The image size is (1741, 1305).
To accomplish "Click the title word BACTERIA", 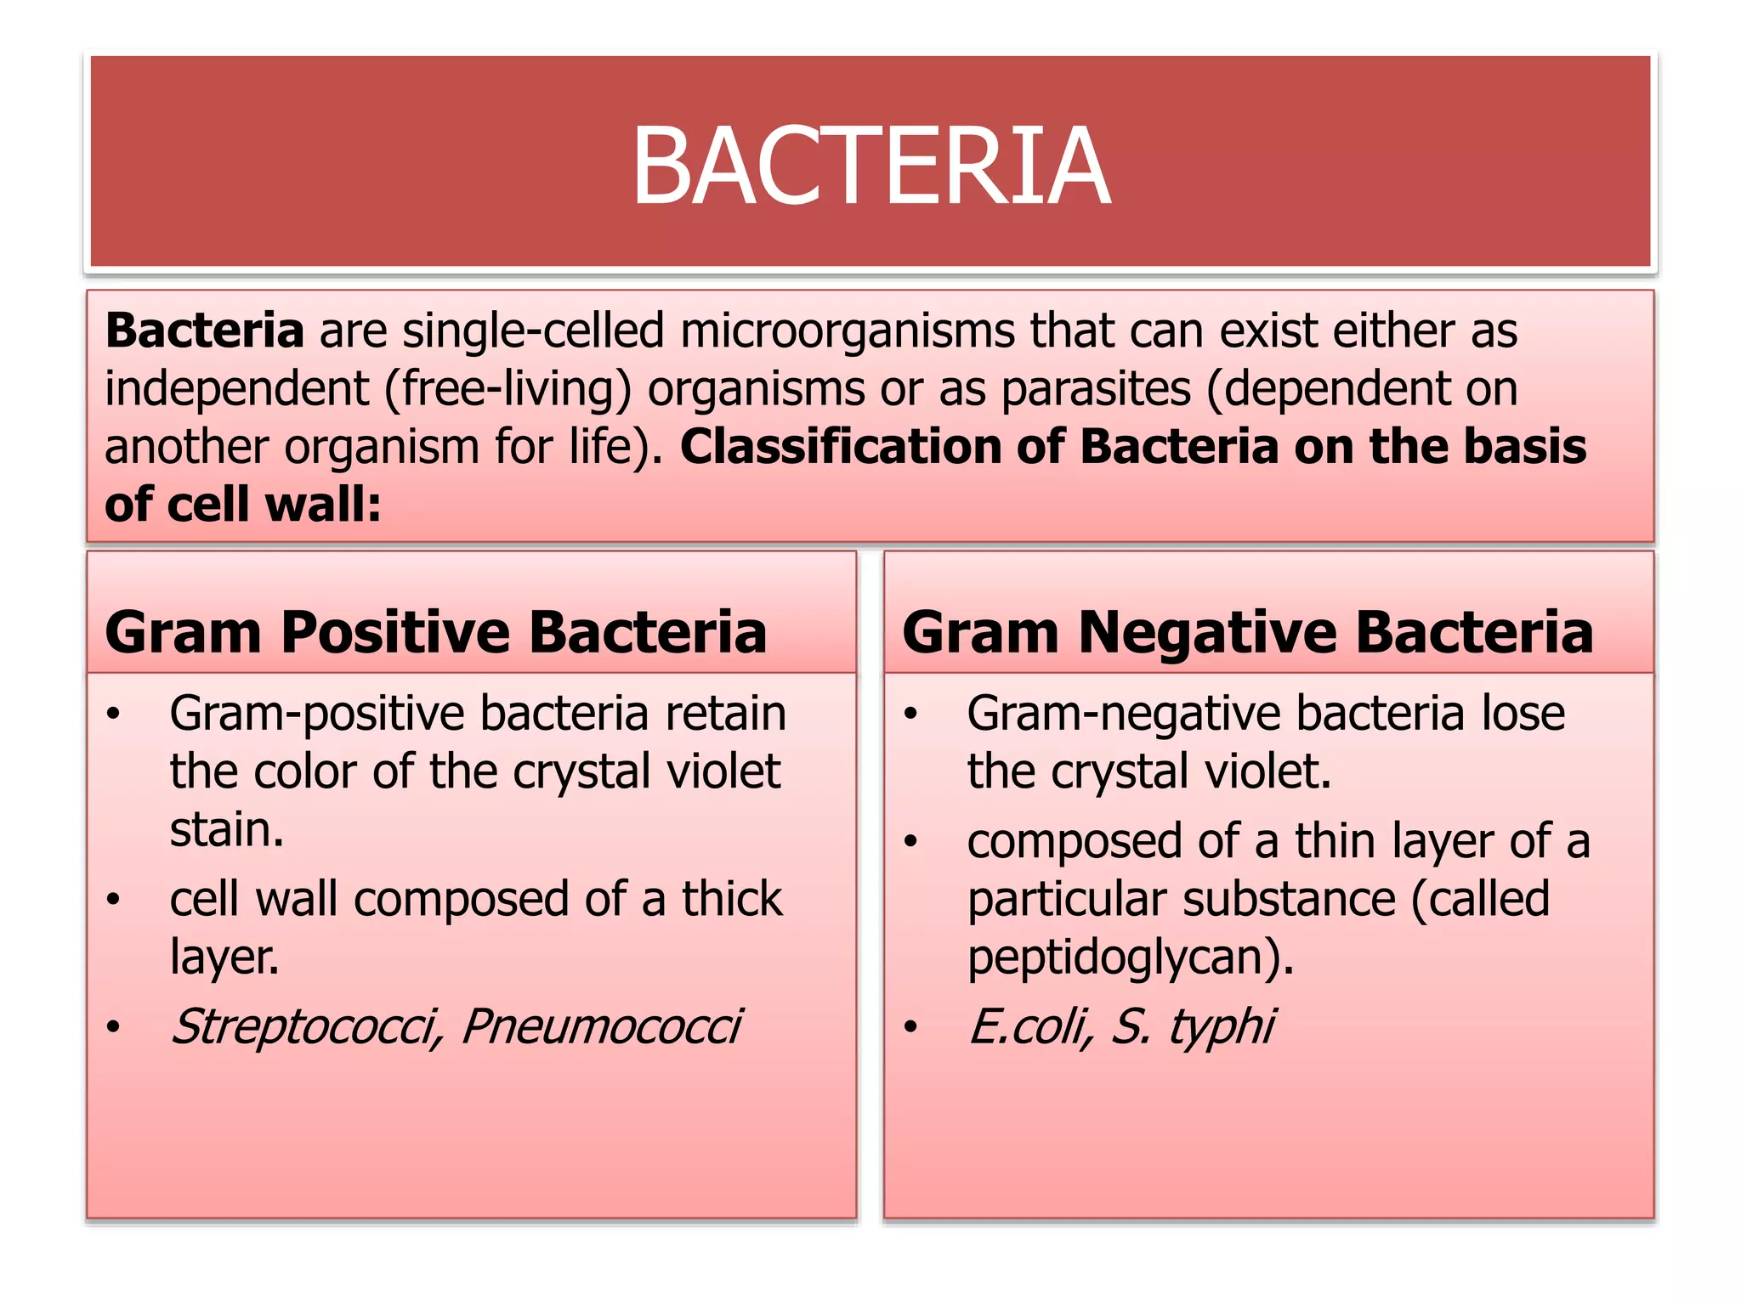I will pyautogui.click(x=870, y=166).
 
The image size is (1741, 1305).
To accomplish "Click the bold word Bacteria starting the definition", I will pyautogui.click(x=204, y=330).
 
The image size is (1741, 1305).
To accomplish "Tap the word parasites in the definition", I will pyautogui.click(x=1096, y=389).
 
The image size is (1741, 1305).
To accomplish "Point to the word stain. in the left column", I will pyautogui.click(x=226, y=830).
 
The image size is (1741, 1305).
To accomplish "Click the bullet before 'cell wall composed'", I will pyautogui.click(x=113, y=900).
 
